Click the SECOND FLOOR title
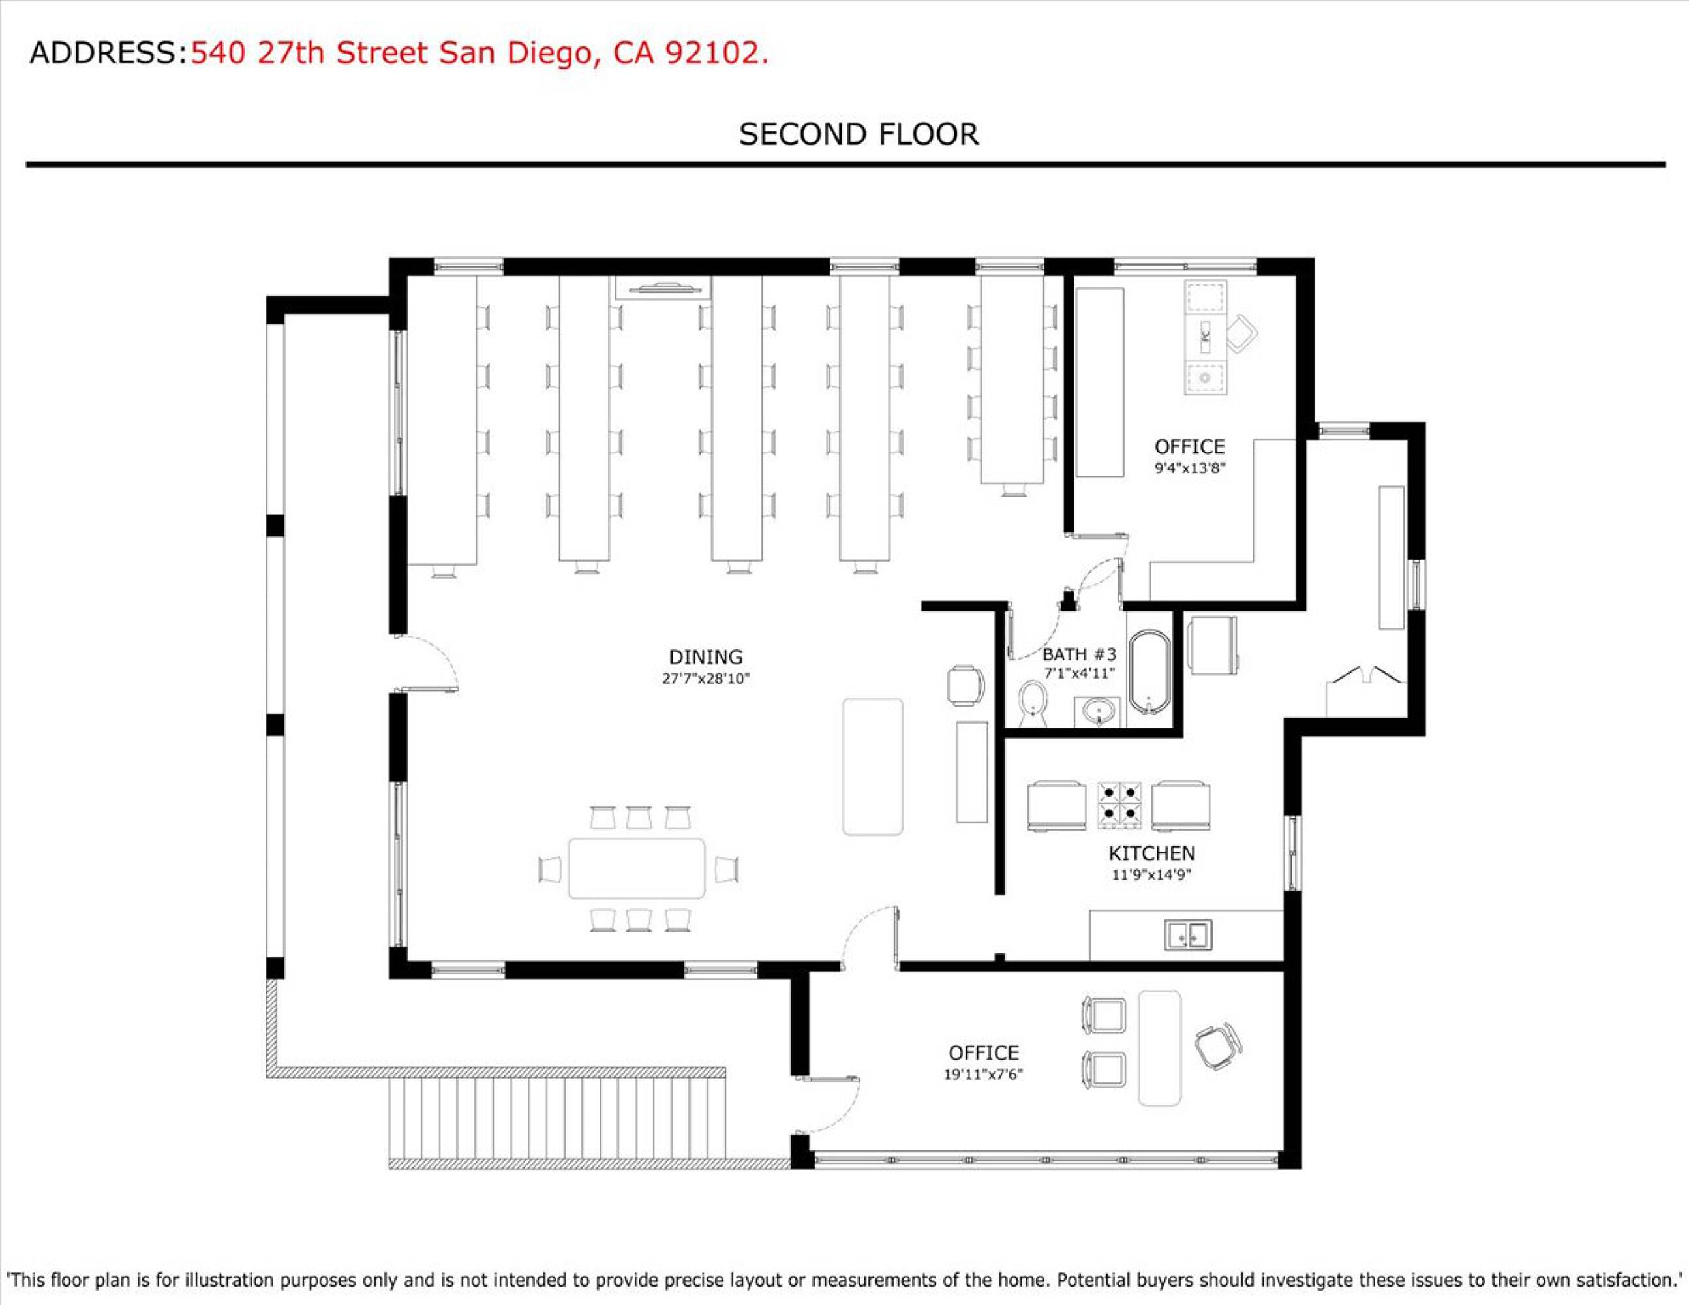tap(859, 134)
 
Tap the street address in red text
tap(479, 54)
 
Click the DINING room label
tap(705, 657)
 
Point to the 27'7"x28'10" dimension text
tap(705, 679)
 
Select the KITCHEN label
tap(1151, 853)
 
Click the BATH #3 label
tap(1079, 654)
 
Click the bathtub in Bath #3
tap(1150, 672)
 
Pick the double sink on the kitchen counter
tap(1189, 935)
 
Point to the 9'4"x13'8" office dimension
tap(1189, 468)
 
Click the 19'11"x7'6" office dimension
tap(983, 1074)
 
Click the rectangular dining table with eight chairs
tap(637, 868)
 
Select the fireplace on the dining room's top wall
tap(663, 287)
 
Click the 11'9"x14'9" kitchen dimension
tap(1151, 875)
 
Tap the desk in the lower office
tap(1160, 1048)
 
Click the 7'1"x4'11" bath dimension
tap(1079, 673)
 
